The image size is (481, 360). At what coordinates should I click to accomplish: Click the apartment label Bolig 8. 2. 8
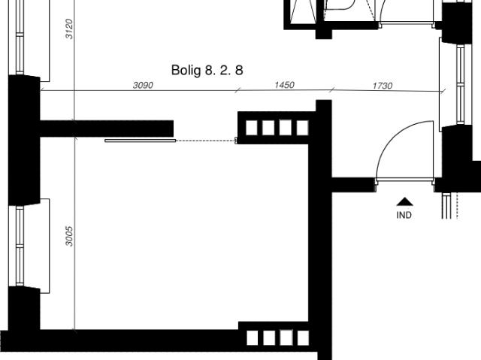[x=207, y=70]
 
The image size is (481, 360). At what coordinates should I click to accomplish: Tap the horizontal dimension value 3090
[x=143, y=85]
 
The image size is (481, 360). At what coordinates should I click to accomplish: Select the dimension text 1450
[x=284, y=85]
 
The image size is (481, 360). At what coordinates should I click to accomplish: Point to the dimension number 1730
[x=383, y=86]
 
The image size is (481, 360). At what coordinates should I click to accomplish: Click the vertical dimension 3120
[x=69, y=29]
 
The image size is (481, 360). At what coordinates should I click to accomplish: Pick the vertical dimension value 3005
[x=69, y=236]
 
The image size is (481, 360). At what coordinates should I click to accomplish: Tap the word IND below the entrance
[x=404, y=215]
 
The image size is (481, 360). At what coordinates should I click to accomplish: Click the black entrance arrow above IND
[x=404, y=201]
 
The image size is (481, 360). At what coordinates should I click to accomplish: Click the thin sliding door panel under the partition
[x=141, y=141]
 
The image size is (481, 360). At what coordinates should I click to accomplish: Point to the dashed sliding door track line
[x=205, y=141]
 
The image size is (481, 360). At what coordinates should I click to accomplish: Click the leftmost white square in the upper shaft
[x=252, y=128]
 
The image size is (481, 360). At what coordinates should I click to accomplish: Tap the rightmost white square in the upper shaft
[x=302, y=128]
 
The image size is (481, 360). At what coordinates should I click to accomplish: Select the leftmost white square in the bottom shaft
[x=253, y=338]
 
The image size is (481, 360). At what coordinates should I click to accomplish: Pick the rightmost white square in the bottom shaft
[x=303, y=338]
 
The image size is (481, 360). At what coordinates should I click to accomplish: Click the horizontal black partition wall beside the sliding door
[x=107, y=129]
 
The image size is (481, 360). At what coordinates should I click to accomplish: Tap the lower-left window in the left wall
[x=20, y=246]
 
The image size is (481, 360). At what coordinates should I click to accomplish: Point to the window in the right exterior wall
[x=461, y=84]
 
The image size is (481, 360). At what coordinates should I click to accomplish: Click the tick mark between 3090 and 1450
[x=237, y=90]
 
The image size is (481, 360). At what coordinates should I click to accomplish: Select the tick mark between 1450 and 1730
[x=332, y=90]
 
